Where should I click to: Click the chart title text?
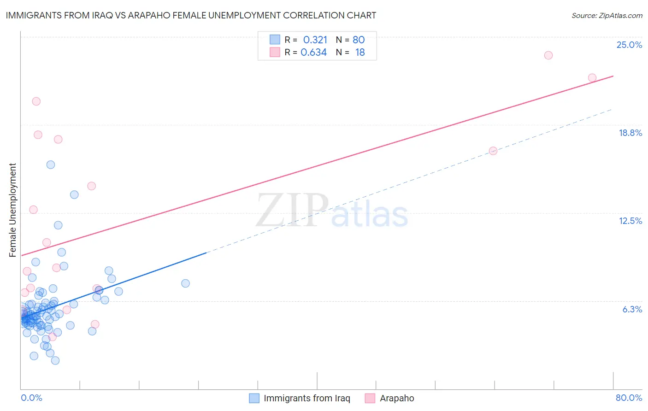(x=191, y=16)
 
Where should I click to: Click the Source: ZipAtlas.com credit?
(x=607, y=16)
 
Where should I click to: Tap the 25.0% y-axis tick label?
(x=629, y=45)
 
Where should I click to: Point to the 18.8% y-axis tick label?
(x=630, y=133)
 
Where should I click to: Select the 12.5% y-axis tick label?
(x=630, y=221)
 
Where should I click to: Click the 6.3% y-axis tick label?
(x=632, y=309)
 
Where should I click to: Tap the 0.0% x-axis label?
(x=31, y=398)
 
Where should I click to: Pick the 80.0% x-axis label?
(x=629, y=398)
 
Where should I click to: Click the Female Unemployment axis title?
(x=12, y=210)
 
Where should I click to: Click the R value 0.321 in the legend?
(x=315, y=40)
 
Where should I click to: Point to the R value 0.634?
(x=314, y=53)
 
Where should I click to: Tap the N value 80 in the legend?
(x=359, y=40)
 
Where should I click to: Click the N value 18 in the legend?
(x=360, y=53)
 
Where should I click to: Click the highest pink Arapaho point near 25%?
(x=548, y=55)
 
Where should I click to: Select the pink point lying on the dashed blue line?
(x=493, y=151)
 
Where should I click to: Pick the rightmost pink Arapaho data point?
(x=592, y=78)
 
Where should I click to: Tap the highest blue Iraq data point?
(x=51, y=164)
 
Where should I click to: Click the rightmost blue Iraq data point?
(x=185, y=283)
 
